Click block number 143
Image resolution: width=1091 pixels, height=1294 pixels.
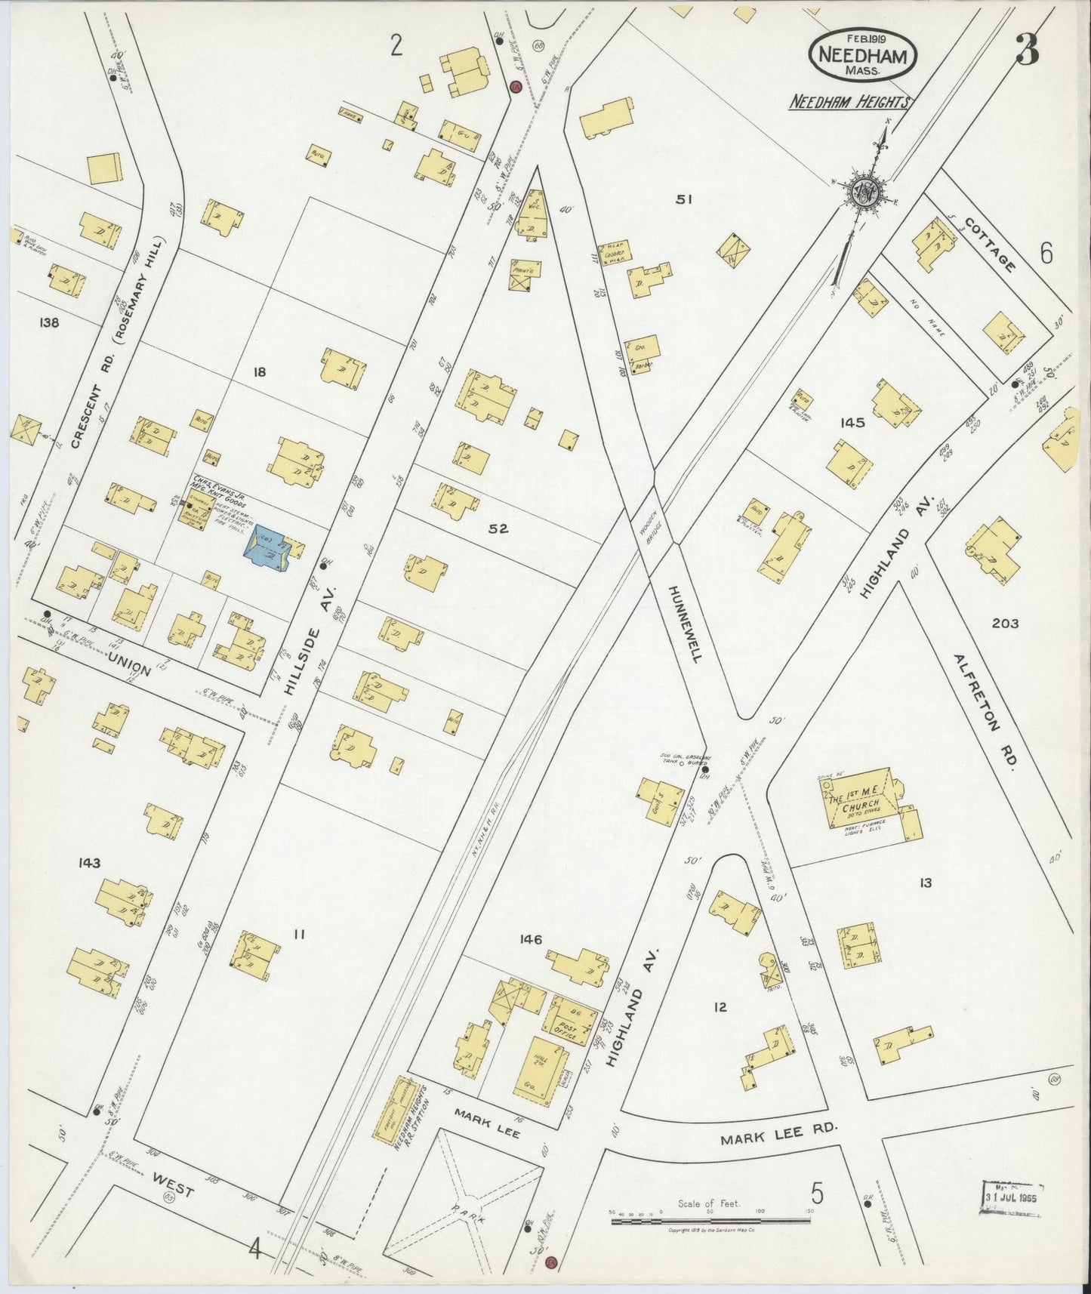point(88,862)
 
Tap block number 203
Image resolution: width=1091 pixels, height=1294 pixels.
point(1004,623)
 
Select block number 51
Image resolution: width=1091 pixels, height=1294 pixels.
point(684,199)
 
